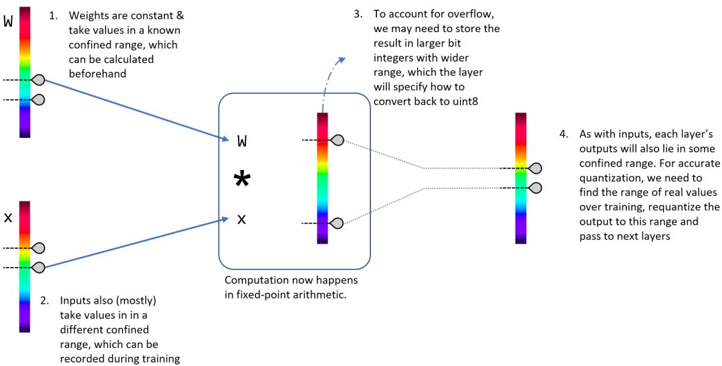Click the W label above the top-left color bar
point(8,21)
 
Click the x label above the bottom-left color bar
point(8,217)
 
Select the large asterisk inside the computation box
point(241,180)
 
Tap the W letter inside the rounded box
point(242,141)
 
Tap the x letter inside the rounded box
point(242,219)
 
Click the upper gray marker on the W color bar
point(39,80)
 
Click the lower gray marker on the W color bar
point(39,100)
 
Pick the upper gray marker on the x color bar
point(39,248)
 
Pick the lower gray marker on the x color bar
point(39,268)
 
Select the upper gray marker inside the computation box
point(338,140)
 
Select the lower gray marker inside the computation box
point(338,223)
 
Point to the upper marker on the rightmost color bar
point(535,168)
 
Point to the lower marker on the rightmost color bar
point(535,187)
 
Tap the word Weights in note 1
point(90,15)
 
